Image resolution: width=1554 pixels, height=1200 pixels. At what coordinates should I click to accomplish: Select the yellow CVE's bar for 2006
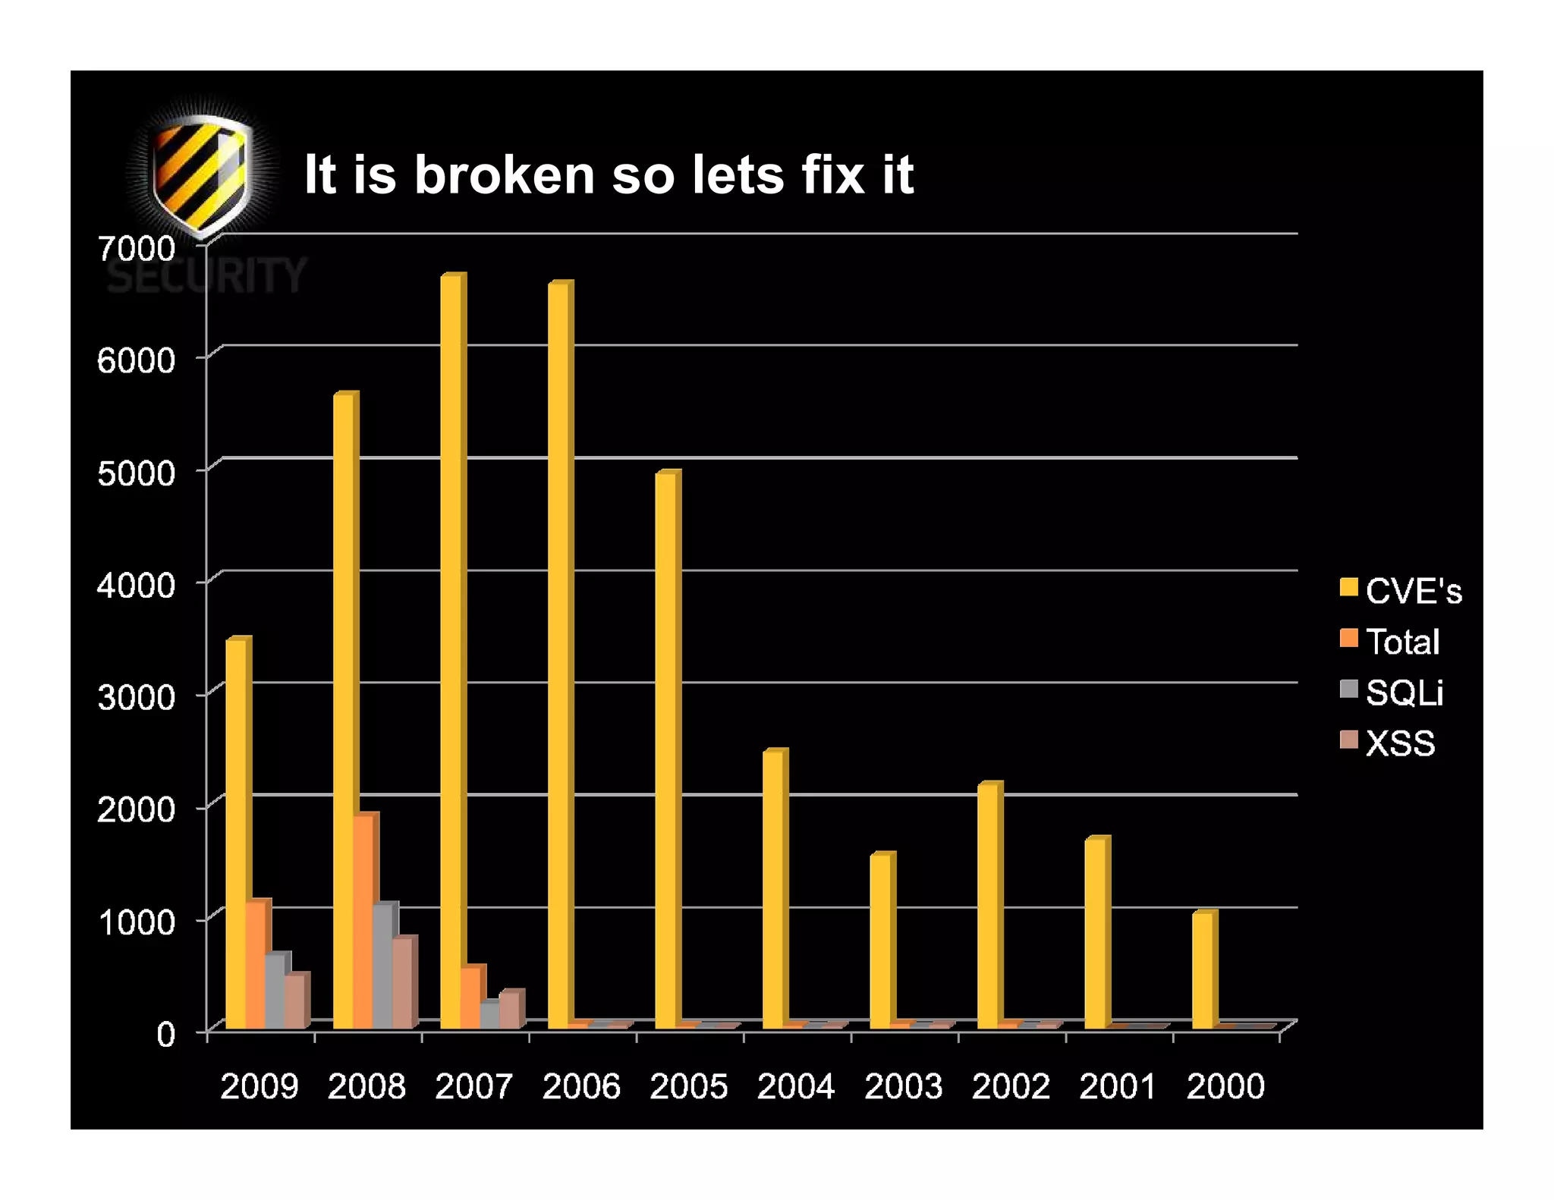tap(558, 656)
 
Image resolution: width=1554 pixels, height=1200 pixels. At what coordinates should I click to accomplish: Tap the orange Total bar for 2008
tap(363, 922)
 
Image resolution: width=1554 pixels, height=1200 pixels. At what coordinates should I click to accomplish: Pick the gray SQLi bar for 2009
tap(275, 991)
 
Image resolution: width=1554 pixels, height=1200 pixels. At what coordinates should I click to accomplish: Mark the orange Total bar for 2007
tap(470, 998)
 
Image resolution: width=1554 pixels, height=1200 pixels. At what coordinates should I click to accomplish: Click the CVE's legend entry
tap(1401, 591)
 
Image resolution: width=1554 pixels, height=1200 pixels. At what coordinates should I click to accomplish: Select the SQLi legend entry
tap(1392, 693)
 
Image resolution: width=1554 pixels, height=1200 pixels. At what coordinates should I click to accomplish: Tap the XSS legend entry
tap(1388, 743)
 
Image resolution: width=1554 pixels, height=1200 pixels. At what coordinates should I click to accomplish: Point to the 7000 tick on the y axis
tap(137, 248)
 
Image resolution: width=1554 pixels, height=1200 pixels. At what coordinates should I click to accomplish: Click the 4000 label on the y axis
tap(137, 585)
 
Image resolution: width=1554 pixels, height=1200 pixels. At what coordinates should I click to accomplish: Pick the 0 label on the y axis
tap(165, 1034)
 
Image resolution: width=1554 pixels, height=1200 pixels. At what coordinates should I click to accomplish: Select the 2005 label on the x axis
tap(688, 1086)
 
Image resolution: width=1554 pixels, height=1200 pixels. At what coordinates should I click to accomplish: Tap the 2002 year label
tap(1011, 1086)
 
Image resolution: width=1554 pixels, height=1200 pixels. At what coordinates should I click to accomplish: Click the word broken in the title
tap(504, 175)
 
